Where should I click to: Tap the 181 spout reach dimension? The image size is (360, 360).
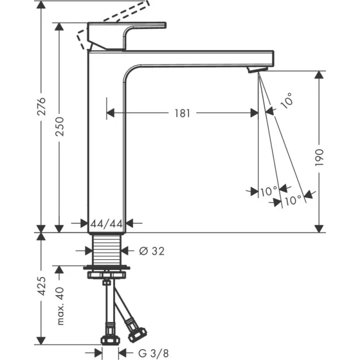pos(182,113)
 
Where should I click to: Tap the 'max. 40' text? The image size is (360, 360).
pos(61,307)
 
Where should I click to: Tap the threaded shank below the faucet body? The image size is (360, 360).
pos(107,249)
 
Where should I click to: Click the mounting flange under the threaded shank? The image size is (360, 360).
pos(107,268)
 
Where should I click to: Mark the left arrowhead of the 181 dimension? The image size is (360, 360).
pos(110,113)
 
